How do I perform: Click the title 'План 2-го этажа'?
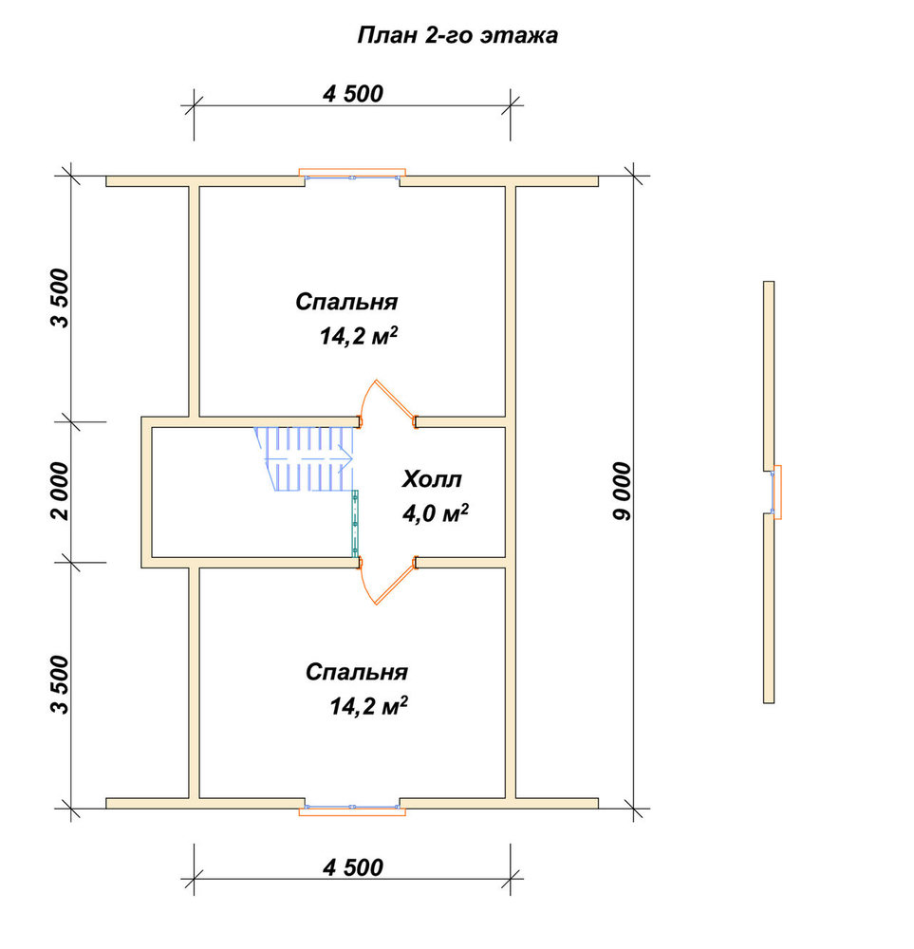click(x=457, y=35)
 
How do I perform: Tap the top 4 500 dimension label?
click(x=353, y=94)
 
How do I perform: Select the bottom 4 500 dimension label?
click(x=353, y=867)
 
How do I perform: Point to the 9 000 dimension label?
click(x=622, y=491)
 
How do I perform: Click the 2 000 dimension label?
click(x=61, y=491)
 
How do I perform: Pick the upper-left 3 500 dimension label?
click(x=61, y=298)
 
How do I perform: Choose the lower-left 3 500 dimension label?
click(x=61, y=684)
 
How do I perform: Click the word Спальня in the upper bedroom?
click(x=346, y=302)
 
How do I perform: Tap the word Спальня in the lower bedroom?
click(x=357, y=672)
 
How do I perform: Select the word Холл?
click(x=432, y=479)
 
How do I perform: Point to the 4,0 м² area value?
click(x=436, y=513)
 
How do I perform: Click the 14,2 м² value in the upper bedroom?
click(x=359, y=335)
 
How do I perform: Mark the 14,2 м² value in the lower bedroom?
click(x=368, y=706)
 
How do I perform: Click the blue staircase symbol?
click(x=305, y=458)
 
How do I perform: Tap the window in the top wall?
click(x=352, y=175)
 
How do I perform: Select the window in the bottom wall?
click(x=352, y=809)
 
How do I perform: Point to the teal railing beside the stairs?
click(x=355, y=524)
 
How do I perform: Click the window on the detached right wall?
click(x=775, y=492)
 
